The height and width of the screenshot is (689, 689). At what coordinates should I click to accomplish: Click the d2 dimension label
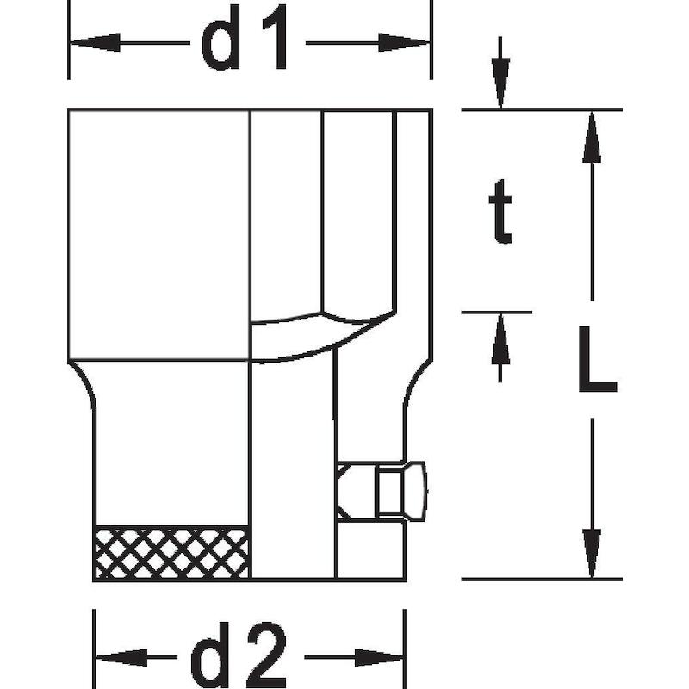tap(239, 655)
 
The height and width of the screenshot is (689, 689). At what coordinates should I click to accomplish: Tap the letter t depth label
tap(500, 211)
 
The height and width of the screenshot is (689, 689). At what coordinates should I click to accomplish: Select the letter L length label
tap(598, 358)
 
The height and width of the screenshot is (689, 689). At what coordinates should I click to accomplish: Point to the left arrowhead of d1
tap(95, 42)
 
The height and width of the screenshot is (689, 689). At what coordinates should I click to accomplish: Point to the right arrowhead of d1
tap(404, 42)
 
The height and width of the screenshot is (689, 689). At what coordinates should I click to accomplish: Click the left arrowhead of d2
tap(121, 657)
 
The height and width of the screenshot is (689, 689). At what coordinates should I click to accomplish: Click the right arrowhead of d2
tap(379, 657)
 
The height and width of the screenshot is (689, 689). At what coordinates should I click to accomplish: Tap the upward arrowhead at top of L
tap(592, 137)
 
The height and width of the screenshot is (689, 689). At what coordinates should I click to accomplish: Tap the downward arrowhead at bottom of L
tap(592, 554)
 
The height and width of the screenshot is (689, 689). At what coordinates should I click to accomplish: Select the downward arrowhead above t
tap(500, 83)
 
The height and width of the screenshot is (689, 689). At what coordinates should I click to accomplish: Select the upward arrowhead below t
tap(500, 338)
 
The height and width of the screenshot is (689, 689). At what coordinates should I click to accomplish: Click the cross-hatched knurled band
tap(171, 552)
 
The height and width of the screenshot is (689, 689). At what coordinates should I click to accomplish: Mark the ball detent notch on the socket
tap(381, 491)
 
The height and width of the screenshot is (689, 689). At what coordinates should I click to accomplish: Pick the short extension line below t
tap(497, 313)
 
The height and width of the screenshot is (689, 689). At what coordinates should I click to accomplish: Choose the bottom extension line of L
tap(542, 579)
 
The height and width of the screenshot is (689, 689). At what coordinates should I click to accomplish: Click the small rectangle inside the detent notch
tap(390, 491)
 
